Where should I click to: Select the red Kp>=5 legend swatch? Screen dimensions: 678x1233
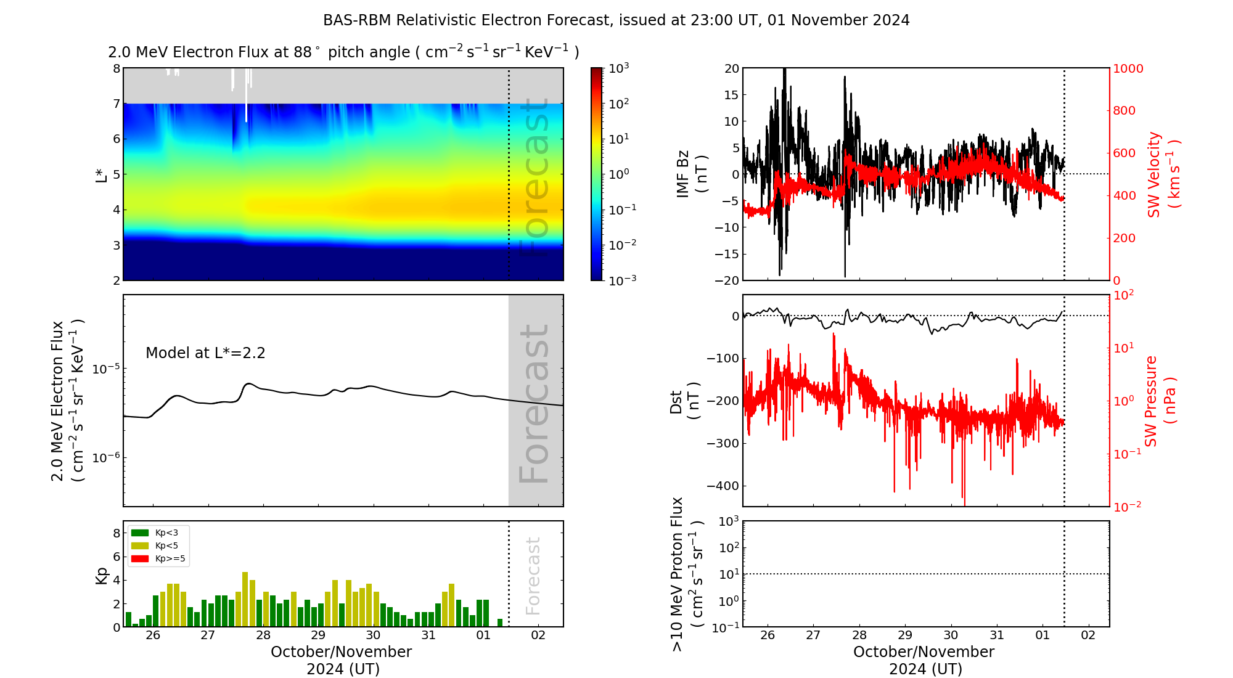140,559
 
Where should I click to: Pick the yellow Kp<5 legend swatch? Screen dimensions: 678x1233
140,545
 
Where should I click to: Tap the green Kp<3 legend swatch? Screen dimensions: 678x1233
140,533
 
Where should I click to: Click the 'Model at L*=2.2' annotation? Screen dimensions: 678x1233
205,353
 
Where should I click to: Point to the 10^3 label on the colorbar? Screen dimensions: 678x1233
618,68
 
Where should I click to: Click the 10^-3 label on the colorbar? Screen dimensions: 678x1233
622,280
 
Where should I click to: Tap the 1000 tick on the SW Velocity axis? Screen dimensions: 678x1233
1128,68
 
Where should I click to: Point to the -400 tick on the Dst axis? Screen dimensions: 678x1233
723,486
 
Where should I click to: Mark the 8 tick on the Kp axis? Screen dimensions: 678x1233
117,533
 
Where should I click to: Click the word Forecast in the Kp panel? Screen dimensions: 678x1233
533,576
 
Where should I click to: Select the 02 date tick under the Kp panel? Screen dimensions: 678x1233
538,635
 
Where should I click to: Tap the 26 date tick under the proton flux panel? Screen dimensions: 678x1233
768,635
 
